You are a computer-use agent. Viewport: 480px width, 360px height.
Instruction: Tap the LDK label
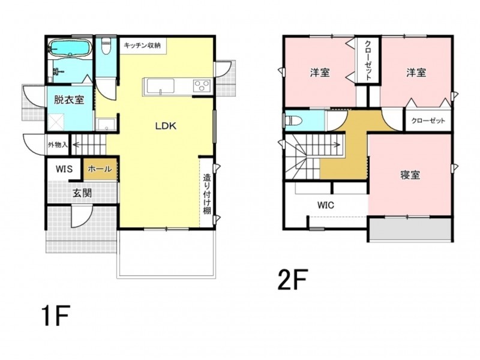click(166, 126)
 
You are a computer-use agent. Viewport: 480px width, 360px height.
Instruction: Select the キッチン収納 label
click(142, 46)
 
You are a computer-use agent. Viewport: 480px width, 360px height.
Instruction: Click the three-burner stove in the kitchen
click(202, 85)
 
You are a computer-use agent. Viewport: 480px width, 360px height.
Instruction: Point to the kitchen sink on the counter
click(160, 86)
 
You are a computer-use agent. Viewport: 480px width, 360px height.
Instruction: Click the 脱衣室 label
click(69, 100)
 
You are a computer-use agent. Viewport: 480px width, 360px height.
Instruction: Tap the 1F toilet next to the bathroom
click(106, 46)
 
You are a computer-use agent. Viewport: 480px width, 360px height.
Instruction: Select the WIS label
click(64, 169)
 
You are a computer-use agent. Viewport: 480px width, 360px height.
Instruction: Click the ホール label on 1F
click(100, 169)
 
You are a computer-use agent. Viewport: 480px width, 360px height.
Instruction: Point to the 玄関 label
click(82, 193)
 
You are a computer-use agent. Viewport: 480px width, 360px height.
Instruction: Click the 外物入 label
click(58, 145)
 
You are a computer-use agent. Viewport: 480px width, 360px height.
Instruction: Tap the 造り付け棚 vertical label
click(207, 194)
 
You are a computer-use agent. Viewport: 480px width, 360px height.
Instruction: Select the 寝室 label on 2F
click(410, 175)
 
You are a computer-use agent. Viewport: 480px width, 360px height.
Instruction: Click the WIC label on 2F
click(326, 205)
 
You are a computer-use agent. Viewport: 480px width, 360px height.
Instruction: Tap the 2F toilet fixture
click(293, 121)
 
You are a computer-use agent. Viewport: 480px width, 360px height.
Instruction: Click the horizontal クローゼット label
click(428, 121)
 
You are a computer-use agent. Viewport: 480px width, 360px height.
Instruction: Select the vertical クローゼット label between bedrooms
click(368, 60)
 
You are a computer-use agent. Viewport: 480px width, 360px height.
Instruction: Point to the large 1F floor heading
click(56, 316)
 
